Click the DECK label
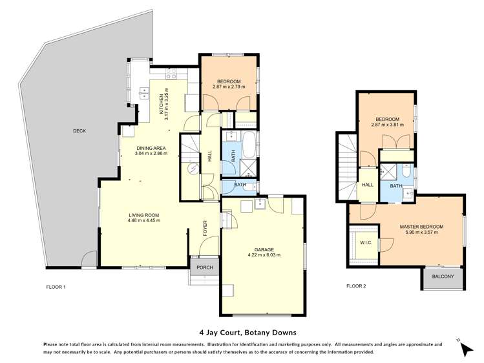coord(79,131)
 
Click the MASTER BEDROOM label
coord(424,227)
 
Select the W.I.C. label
coord(363,243)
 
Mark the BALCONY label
coord(443,277)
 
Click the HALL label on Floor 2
coord(367,185)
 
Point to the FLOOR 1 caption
coord(56,286)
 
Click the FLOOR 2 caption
coord(356,286)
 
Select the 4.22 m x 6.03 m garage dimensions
coord(264,256)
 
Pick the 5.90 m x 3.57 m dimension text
coord(424,233)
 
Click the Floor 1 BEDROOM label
coord(229,81)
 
